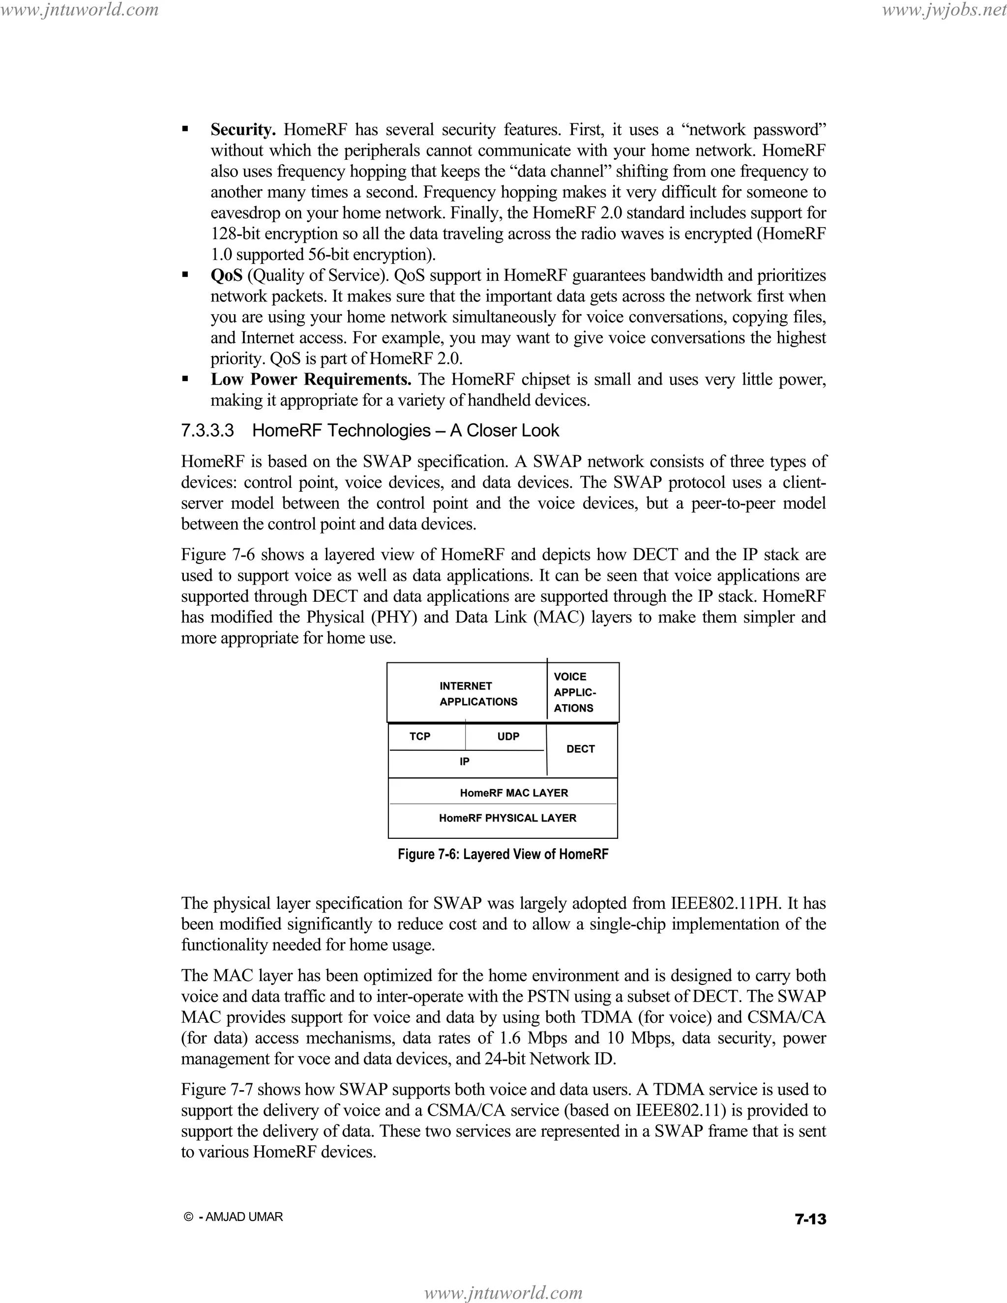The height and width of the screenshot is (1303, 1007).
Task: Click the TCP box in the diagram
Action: [x=420, y=736]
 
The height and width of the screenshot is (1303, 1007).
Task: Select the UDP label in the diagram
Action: [x=508, y=736]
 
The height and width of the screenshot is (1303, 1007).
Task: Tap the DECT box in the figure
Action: [x=581, y=749]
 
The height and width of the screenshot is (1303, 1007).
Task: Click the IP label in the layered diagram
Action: [x=464, y=762]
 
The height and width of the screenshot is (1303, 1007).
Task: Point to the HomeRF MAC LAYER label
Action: [x=514, y=793]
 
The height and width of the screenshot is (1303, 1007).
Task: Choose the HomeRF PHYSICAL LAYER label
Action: [x=507, y=818]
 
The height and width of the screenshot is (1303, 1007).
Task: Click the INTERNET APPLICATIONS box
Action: [x=478, y=694]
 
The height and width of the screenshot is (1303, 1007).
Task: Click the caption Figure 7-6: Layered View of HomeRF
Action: [x=503, y=855]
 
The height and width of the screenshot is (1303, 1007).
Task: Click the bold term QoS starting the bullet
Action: [x=227, y=276]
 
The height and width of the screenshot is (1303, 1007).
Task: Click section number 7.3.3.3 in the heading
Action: [x=207, y=431]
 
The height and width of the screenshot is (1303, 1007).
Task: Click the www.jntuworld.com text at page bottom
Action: [x=503, y=1293]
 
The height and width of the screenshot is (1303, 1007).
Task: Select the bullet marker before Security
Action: [x=185, y=129]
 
